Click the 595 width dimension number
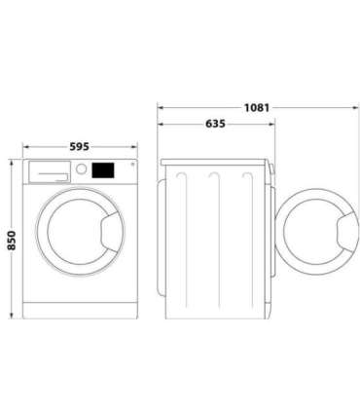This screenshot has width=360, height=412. (80, 146)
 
